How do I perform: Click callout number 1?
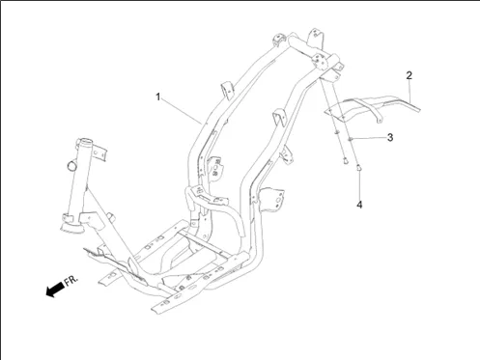coord(157,97)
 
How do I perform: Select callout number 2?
coord(409,75)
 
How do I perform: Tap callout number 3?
coord(390,137)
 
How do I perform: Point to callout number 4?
coord(359,205)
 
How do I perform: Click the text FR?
coord(71,281)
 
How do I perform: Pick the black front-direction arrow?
coord(55,290)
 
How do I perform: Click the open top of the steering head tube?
coord(85,141)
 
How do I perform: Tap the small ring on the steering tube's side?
coord(72,165)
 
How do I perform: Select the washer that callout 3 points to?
coord(350,139)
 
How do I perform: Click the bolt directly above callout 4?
coord(358,168)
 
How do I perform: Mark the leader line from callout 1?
coord(181,110)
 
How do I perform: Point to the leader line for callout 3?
coord(369,138)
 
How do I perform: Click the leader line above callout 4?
coord(359,185)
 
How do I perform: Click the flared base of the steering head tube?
coord(71,227)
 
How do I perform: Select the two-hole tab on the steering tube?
coord(99,152)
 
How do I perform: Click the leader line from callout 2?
coord(410,92)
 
